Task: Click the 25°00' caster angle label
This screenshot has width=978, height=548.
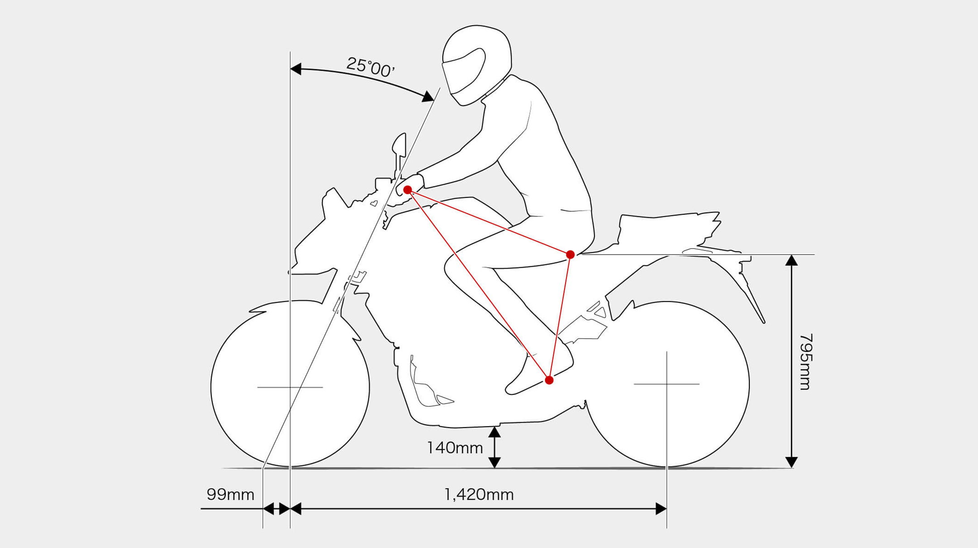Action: [x=370, y=67]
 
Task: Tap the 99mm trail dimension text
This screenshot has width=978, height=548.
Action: [x=230, y=494]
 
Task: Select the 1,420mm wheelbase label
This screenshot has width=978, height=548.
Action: [x=479, y=494]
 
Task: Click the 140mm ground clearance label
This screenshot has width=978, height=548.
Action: [x=455, y=448]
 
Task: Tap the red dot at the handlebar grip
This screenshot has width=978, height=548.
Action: [x=407, y=190]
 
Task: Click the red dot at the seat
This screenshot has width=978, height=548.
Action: [x=570, y=255]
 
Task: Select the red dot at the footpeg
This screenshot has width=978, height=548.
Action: [x=549, y=380]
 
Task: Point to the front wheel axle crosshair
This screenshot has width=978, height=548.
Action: [x=290, y=387]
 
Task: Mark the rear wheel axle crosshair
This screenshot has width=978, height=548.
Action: [x=666, y=384]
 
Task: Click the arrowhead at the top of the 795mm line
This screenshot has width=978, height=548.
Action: [x=791, y=260]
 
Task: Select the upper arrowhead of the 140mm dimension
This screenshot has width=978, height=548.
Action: [x=494, y=432]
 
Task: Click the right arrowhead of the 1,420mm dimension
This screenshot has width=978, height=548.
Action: [x=661, y=509]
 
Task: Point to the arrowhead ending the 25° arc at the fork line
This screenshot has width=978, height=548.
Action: [x=428, y=96]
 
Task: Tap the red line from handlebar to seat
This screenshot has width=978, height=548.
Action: [x=489, y=222]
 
